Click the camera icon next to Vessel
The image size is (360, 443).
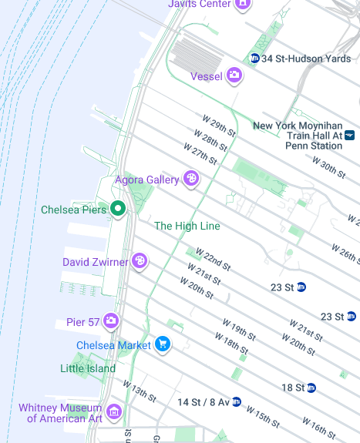(234, 76)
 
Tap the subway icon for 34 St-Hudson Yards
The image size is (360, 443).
(254, 59)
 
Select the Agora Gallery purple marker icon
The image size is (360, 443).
(191, 180)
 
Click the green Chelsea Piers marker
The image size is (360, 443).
(118, 208)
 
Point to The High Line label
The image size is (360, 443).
(187, 226)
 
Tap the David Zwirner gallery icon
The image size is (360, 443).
(140, 262)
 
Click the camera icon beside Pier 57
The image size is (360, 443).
(112, 321)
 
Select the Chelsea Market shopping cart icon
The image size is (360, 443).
(163, 344)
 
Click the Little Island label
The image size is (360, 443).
(88, 368)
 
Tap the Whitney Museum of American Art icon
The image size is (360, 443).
(114, 411)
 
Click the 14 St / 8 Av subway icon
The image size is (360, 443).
(237, 401)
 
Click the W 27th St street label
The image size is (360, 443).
(200, 153)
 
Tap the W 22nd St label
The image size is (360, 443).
(213, 259)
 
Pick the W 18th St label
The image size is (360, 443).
(231, 344)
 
